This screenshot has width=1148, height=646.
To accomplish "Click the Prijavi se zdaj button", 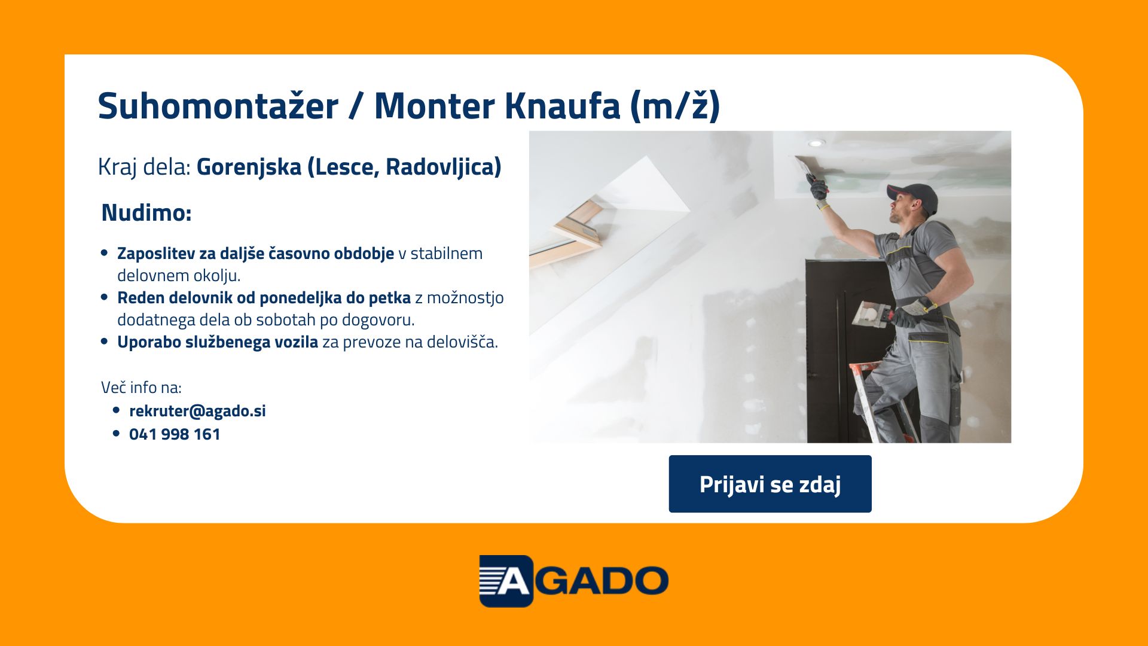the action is [770, 484].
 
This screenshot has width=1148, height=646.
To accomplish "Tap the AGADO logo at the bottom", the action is [574, 581].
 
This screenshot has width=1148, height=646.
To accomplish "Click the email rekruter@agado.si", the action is [197, 411].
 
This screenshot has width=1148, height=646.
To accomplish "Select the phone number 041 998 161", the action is [175, 434].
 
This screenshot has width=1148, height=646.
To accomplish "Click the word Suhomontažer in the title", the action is [218, 106].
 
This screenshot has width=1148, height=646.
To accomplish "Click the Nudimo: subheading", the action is [146, 213].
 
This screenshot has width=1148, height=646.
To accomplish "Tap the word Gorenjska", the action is [249, 167].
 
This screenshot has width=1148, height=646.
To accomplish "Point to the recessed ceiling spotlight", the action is [816, 143].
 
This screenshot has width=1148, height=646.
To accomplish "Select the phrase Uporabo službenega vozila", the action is [218, 342].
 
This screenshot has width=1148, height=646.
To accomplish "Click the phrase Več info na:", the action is [141, 388].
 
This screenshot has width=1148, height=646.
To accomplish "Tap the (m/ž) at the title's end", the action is [675, 106].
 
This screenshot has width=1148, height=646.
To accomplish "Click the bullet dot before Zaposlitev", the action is [105, 253].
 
